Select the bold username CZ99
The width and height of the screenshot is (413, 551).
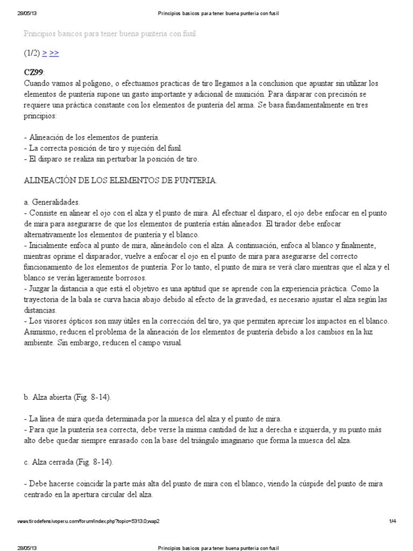pos(34,72)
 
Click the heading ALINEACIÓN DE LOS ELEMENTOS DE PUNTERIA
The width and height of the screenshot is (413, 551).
pos(120,181)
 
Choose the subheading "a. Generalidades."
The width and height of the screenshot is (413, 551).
pos(52,202)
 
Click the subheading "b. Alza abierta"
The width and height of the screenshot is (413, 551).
pos(67,397)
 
